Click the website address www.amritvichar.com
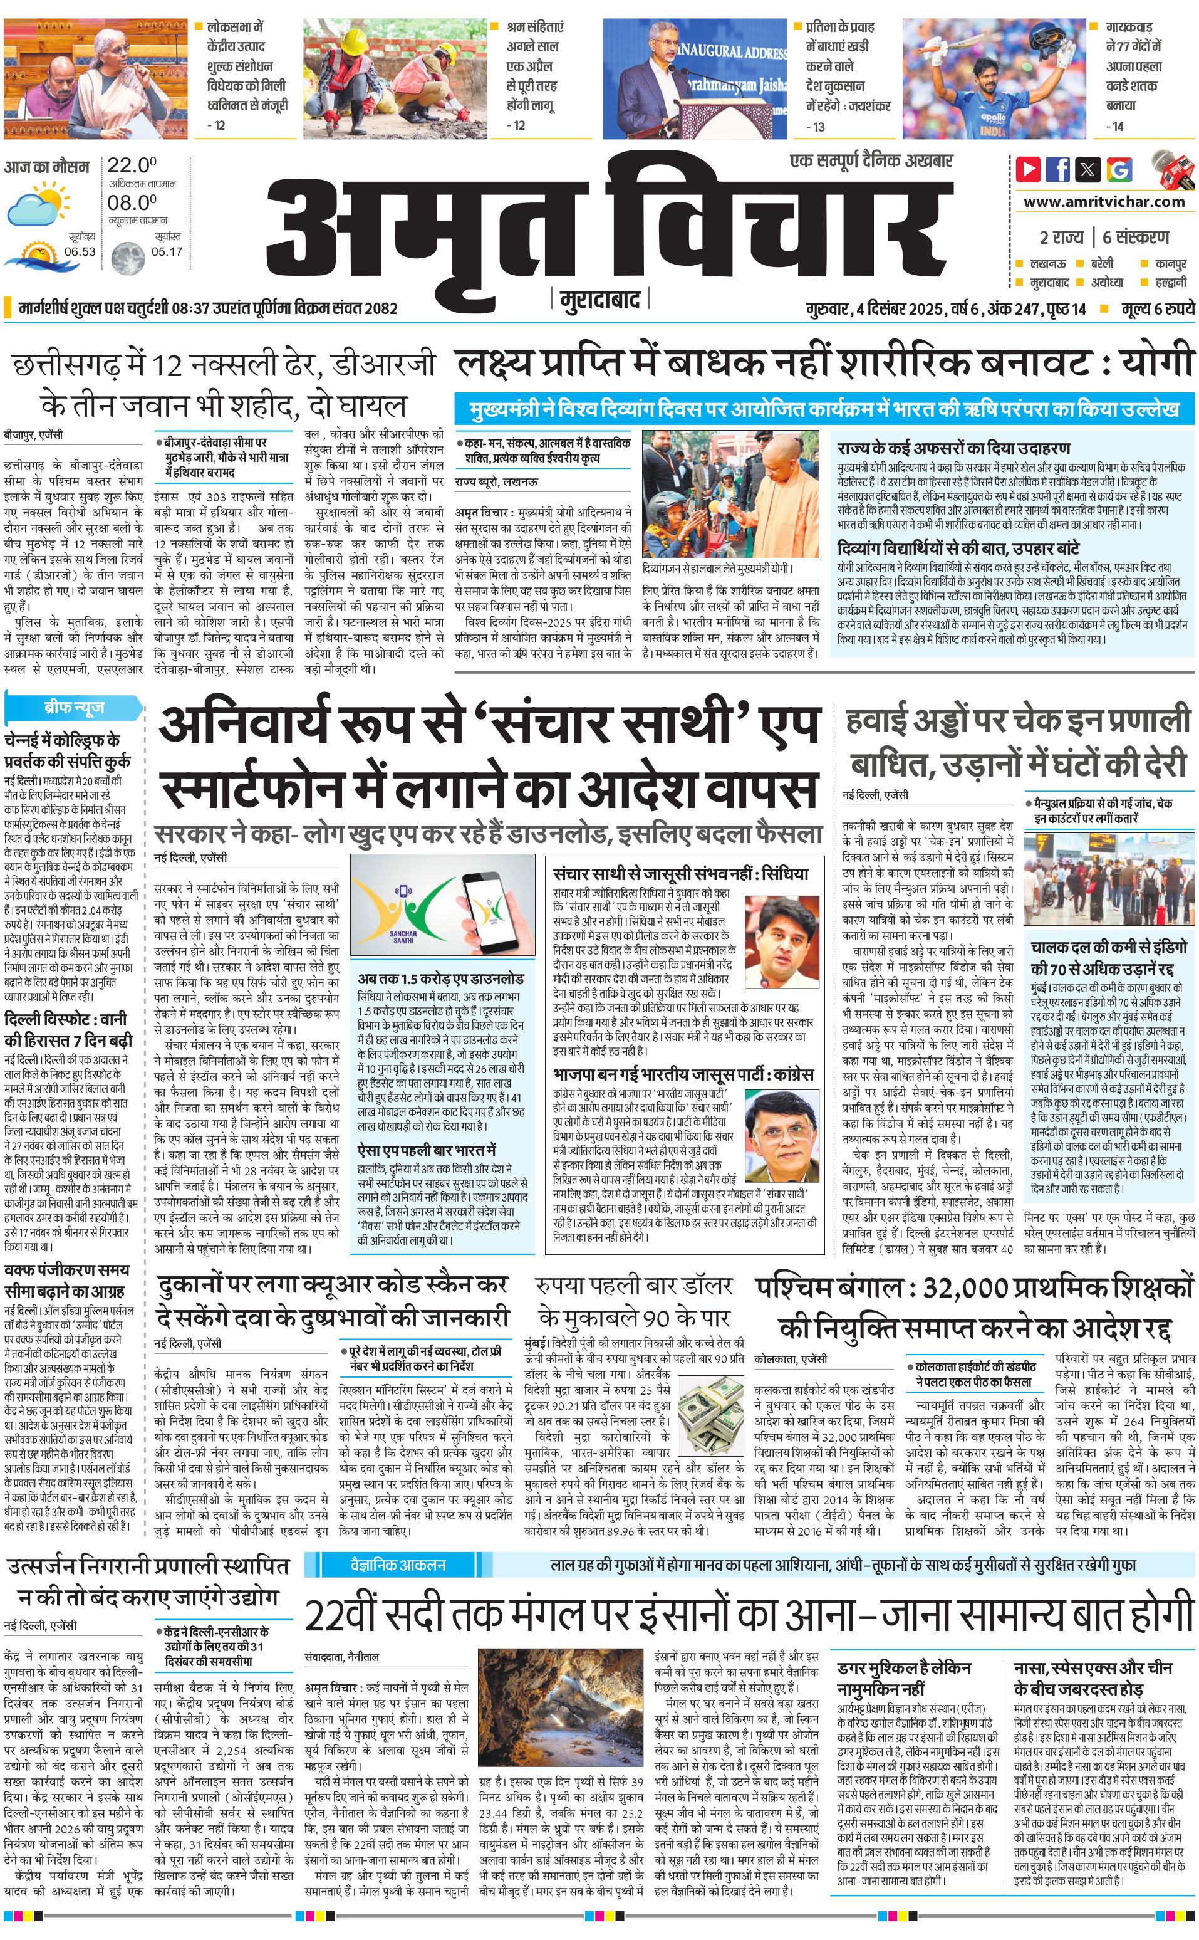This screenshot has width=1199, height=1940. pyautogui.click(x=1104, y=202)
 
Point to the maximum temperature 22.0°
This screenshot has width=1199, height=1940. pyautogui.click(x=132, y=166)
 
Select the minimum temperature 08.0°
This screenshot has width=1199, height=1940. pyautogui.click(x=132, y=203)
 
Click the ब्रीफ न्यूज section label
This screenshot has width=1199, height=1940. pyautogui.click(x=74, y=707)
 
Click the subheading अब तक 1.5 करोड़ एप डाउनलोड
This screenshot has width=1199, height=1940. pyautogui.click(x=440, y=978)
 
